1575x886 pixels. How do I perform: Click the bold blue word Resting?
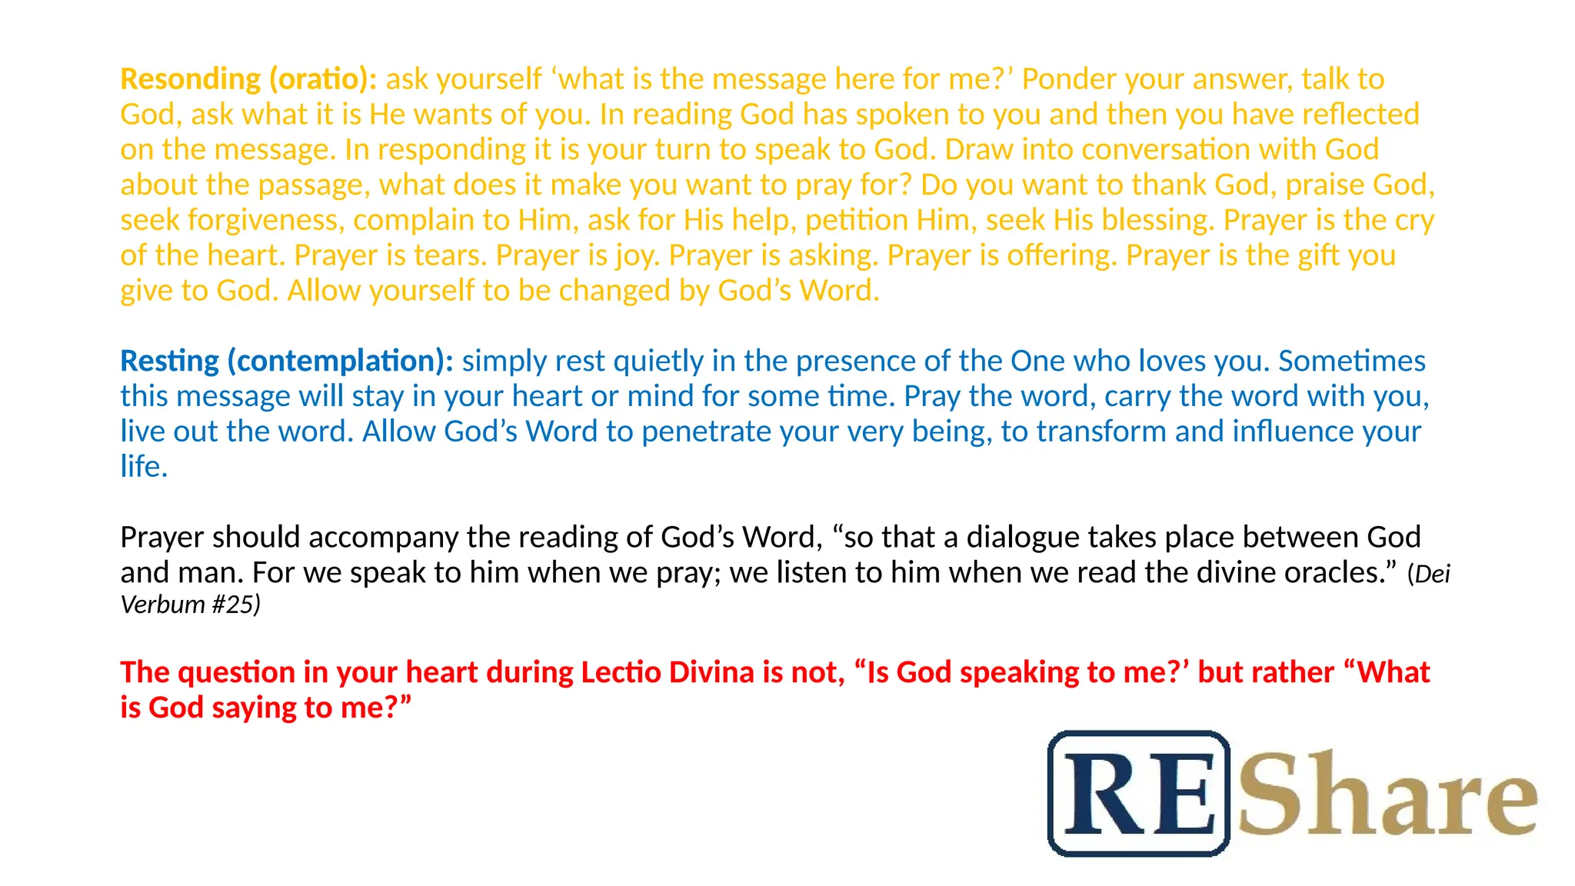click(169, 361)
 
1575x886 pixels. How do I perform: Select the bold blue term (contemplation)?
click(341, 361)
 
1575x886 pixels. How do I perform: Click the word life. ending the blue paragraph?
click(144, 467)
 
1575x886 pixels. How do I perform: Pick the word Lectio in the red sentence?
click(620, 673)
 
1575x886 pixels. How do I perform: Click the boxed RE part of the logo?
click(1139, 794)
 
